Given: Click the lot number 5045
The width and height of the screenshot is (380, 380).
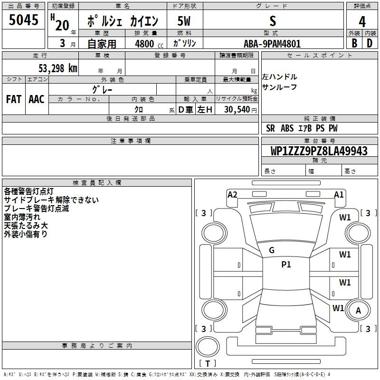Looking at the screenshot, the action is pyautogui.click(x=23, y=20).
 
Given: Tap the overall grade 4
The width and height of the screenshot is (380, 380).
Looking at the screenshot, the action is pyautogui.click(x=362, y=22).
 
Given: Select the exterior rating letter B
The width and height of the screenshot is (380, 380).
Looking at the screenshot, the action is pyautogui.click(x=354, y=43).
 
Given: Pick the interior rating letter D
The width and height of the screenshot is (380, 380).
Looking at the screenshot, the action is pyautogui.click(x=370, y=43).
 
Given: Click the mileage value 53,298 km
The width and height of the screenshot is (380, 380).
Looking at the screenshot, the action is pyautogui.click(x=58, y=68).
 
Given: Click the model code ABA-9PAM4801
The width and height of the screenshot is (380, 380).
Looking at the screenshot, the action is pyautogui.click(x=272, y=44).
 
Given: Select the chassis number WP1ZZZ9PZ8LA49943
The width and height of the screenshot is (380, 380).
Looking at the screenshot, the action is pyautogui.click(x=319, y=151).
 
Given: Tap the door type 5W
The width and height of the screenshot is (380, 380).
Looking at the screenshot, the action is pyautogui.click(x=184, y=21).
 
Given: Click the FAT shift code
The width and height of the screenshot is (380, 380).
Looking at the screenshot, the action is pyautogui.click(x=14, y=99).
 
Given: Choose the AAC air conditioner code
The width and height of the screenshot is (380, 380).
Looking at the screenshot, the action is pyautogui.click(x=37, y=99).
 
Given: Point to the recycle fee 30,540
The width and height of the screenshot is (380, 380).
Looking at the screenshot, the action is pyautogui.click(x=237, y=110).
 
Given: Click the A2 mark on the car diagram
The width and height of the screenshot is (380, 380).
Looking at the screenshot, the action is pyautogui.click(x=232, y=195).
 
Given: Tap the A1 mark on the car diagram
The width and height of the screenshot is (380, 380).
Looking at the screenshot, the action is pyautogui.click(x=339, y=195).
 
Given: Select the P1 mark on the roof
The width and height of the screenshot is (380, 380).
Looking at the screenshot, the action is pyautogui.click(x=286, y=265).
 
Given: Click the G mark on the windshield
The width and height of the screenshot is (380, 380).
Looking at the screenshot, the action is pyautogui.click(x=272, y=250).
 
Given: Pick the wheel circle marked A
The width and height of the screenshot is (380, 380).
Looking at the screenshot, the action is pyautogui.click(x=358, y=310).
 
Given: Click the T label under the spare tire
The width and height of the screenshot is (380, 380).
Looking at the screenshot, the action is pyautogui.click(x=208, y=363).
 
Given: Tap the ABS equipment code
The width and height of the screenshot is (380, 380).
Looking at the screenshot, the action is pyautogui.click(x=287, y=128).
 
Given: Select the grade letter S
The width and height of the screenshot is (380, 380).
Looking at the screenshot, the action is pyautogui.click(x=273, y=21).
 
